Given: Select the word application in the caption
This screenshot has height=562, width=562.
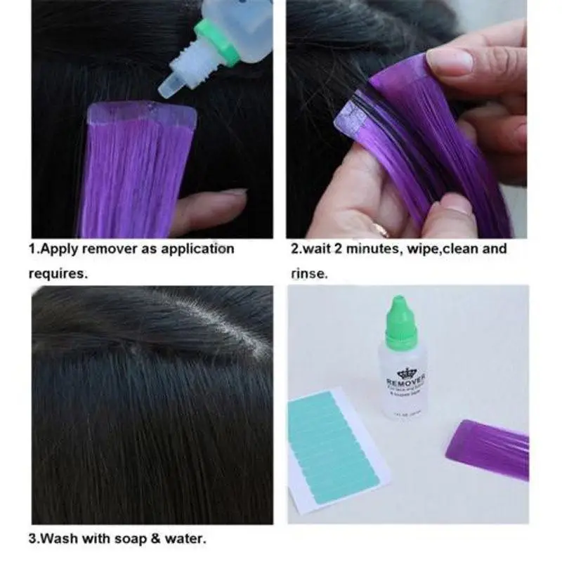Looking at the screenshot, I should [x=196, y=249].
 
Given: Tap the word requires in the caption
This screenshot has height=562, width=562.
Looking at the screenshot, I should [x=58, y=273].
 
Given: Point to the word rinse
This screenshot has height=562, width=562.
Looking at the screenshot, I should [x=308, y=273].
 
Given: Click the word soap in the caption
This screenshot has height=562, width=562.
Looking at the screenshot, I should [x=130, y=540].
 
